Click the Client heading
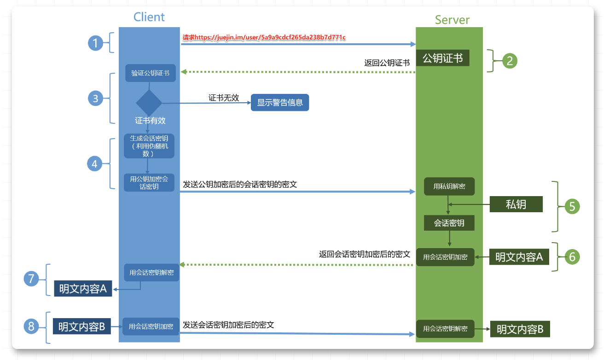149,17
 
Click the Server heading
452,20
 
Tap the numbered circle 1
95,43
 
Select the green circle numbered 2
510,61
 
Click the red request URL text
264,37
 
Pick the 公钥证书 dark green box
442,58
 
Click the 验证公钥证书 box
150,73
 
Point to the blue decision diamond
149,103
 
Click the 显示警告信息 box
280,103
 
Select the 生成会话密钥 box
149,145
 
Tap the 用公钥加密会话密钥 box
149,182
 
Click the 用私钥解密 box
449,186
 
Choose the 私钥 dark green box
516,204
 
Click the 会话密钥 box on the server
449,223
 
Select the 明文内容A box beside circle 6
519,257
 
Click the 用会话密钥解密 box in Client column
151,272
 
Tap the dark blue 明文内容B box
81,327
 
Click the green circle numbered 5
572,206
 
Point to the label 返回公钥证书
387,63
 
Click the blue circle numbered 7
31,279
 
